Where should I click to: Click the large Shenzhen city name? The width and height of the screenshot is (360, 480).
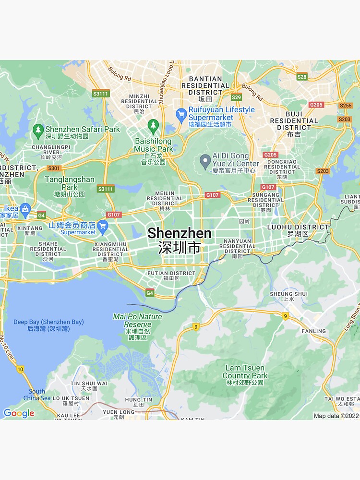[x=179, y=234]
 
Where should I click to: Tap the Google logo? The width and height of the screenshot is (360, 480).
[x=18, y=413]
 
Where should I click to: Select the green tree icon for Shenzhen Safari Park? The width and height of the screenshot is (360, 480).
[x=38, y=129]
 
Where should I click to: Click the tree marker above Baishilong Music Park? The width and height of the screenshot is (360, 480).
[x=153, y=126]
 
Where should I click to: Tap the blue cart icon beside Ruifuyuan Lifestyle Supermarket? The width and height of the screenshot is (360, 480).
[x=181, y=114]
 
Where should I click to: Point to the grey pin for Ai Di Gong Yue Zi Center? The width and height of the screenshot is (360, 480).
[x=205, y=161]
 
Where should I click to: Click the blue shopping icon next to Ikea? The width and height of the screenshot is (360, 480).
[x=25, y=209]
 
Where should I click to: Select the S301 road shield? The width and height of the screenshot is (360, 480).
[x=54, y=168]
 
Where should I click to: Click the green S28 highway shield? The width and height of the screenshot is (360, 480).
[x=302, y=77]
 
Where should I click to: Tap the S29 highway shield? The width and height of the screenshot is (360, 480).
[x=236, y=97]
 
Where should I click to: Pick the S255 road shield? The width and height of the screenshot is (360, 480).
[x=346, y=106]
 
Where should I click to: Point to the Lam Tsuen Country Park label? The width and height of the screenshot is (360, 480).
[x=245, y=372]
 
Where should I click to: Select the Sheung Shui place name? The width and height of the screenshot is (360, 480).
[x=288, y=294]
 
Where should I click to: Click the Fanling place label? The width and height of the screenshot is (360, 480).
[x=313, y=331]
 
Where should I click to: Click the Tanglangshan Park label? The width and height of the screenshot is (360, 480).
[x=70, y=183]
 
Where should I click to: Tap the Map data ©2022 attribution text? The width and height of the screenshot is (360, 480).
[x=336, y=416]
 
